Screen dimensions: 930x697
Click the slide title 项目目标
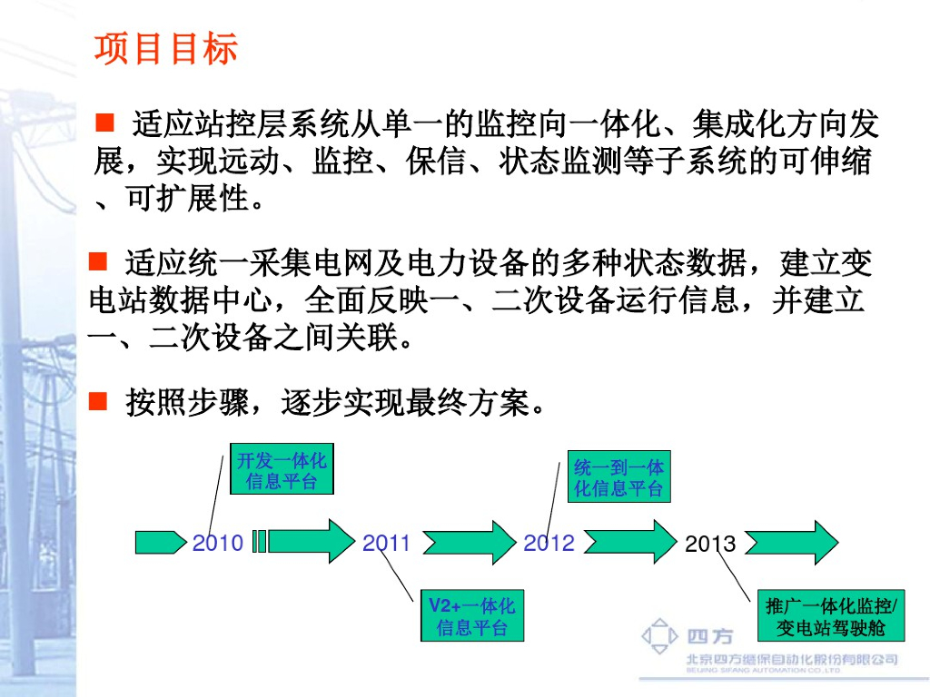[x=165, y=49]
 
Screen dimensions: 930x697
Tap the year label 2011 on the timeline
[x=387, y=543]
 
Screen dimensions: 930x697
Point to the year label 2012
[x=549, y=543]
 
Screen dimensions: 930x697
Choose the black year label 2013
[x=710, y=545]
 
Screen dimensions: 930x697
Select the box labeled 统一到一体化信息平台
[x=618, y=477]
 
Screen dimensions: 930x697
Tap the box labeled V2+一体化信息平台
[x=471, y=617]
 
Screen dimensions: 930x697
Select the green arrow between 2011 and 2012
[x=469, y=543]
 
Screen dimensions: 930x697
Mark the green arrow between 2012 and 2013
[x=630, y=543]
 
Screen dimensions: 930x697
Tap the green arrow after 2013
[x=789, y=543]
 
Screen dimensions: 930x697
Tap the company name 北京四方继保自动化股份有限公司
[x=791, y=659]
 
